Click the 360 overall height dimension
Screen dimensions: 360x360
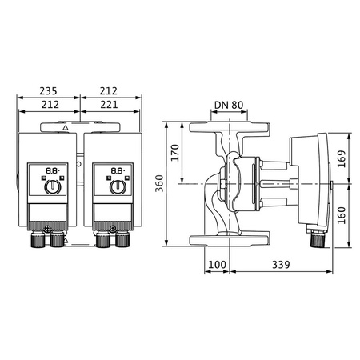click(x=159, y=185)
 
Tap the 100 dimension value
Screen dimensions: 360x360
click(x=217, y=264)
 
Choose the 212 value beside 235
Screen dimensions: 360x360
click(x=111, y=91)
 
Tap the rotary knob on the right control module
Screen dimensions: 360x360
click(x=116, y=187)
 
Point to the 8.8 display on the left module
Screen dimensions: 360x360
click(x=50, y=170)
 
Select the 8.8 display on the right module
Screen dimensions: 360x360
click(x=117, y=170)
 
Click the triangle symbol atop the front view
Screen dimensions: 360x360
click(x=65, y=126)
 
